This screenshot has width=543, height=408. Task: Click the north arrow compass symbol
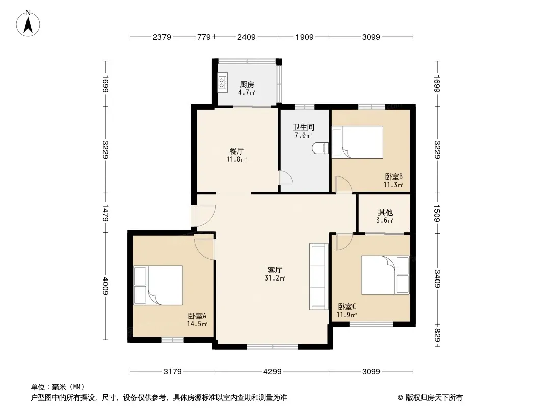(x=28, y=23)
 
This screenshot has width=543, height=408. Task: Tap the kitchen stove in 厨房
(x=222, y=83)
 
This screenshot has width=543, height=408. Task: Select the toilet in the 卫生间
(x=320, y=148)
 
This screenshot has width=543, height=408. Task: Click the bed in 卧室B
(x=358, y=142)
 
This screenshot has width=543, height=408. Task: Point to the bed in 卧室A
(x=158, y=285)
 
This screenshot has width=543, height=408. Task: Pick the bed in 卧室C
(x=385, y=275)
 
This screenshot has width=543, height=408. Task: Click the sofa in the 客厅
(x=318, y=276)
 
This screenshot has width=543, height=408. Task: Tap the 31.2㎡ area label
(x=275, y=278)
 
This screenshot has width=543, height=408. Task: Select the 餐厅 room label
(x=237, y=151)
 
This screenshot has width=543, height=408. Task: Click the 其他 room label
(x=385, y=213)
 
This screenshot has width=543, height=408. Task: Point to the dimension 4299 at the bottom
(x=272, y=372)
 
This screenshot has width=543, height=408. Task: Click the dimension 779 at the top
(x=204, y=37)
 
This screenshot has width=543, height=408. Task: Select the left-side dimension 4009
(x=105, y=286)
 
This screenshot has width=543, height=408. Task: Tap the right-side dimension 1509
(x=437, y=214)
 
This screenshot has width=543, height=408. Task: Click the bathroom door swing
(x=286, y=178)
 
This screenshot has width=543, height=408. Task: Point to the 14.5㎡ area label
(x=197, y=324)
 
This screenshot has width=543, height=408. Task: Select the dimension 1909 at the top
(x=305, y=37)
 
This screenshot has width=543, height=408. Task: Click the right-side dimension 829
(x=437, y=335)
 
